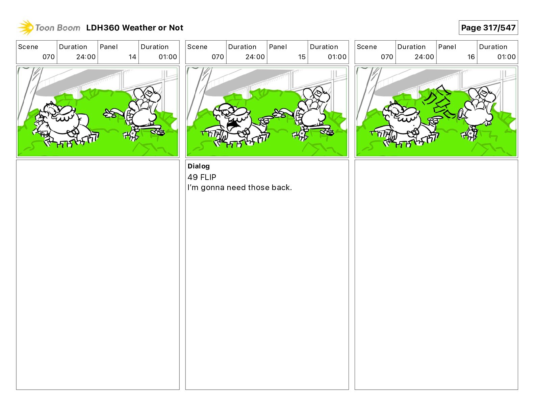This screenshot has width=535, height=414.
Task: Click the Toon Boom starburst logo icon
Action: (x=26, y=27)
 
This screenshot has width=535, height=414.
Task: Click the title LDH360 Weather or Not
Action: (x=135, y=28)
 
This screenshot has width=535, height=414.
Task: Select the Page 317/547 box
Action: (x=488, y=28)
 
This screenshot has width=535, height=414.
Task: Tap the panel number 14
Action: (x=132, y=57)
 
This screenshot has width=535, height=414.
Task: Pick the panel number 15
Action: (x=302, y=57)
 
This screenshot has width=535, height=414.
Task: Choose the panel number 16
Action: (x=471, y=57)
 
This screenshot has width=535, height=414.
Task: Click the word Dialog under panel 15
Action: (x=199, y=166)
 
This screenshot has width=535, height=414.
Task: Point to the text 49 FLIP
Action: (x=202, y=177)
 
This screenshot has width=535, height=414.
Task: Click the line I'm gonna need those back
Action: (x=239, y=188)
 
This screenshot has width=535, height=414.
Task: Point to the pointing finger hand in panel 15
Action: (x=265, y=120)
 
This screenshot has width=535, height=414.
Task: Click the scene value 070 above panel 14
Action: (x=49, y=57)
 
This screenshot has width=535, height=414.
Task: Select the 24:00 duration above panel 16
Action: (x=424, y=57)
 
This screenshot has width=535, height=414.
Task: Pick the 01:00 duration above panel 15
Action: (x=337, y=57)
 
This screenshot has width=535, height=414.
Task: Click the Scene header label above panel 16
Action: (x=366, y=47)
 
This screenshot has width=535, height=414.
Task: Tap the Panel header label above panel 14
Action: (x=108, y=47)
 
